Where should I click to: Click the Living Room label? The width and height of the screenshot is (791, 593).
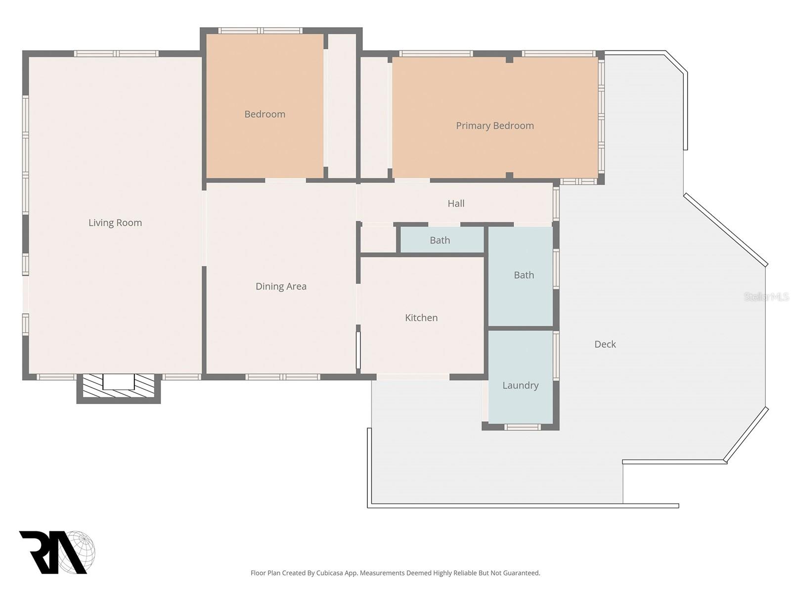tap(115, 223)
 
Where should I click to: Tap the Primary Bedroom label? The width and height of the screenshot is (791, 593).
tap(494, 126)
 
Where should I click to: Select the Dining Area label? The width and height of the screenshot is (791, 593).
tap(281, 286)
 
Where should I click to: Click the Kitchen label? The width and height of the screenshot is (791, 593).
tap(421, 318)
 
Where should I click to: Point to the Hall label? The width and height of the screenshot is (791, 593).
tap(456, 203)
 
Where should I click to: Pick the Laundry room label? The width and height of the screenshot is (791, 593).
tap(520, 385)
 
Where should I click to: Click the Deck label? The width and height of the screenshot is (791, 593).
tap(605, 344)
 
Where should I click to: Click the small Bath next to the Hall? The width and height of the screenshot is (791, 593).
tap(439, 240)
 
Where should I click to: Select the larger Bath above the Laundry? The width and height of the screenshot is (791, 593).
tap(524, 275)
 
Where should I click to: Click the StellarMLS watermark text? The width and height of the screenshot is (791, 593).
tap(766, 296)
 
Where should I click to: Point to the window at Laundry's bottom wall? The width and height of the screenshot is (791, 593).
tap(522, 427)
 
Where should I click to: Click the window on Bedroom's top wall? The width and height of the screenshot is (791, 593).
tap(260, 31)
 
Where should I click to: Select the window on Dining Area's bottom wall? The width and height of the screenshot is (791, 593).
tap(283, 377)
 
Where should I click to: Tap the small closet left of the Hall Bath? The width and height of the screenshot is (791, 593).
tap(378, 240)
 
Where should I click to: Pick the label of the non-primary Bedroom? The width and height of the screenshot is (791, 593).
tap(264, 114)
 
